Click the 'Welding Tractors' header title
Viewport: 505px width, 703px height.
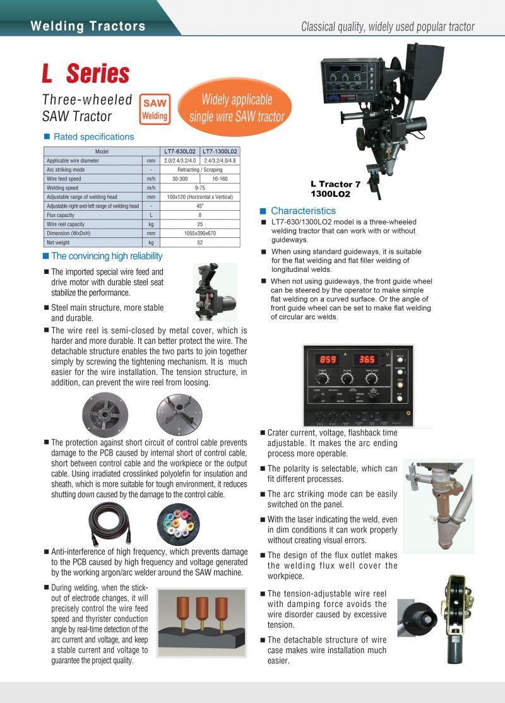tap(88, 27)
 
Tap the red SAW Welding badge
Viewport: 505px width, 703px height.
tap(155, 109)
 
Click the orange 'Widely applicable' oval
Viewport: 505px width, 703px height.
tap(236, 108)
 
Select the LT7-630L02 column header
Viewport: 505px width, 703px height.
tap(180, 152)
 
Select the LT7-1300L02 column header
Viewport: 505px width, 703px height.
tap(220, 152)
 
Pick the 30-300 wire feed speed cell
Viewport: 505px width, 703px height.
tap(180, 179)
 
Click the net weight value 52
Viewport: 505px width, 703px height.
tap(199, 242)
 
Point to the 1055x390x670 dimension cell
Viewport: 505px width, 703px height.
tap(199, 233)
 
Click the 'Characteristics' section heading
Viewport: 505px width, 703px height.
tap(303, 211)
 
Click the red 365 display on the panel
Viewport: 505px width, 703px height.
tap(366, 359)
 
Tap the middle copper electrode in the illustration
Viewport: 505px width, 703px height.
tap(202, 610)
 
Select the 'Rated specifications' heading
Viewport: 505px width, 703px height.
tap(93, 137)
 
